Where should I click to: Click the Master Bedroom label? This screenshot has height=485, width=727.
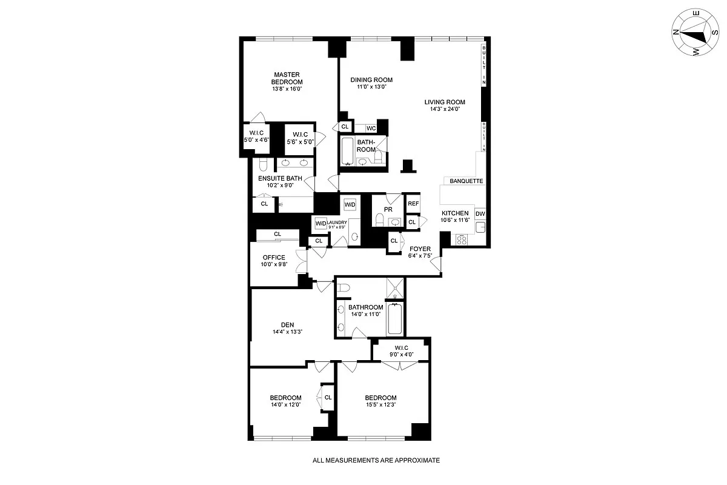[287, 78]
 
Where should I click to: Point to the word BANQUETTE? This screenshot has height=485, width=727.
[465, 181]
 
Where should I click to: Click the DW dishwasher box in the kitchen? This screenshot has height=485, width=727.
[480, 213]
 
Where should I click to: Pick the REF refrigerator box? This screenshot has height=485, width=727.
[413, 204]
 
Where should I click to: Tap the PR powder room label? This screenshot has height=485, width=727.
[388, 209]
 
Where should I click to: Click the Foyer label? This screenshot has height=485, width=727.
[420, 249]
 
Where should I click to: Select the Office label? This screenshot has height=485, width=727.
[274, 258]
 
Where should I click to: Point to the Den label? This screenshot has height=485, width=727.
[287, 325]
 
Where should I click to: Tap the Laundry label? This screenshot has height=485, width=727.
[337, 222]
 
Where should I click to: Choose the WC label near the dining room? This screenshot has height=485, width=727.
[371, 128]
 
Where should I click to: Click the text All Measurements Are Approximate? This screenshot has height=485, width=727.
[376, 460]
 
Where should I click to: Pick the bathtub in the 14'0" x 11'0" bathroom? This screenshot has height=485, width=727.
[394, 319]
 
